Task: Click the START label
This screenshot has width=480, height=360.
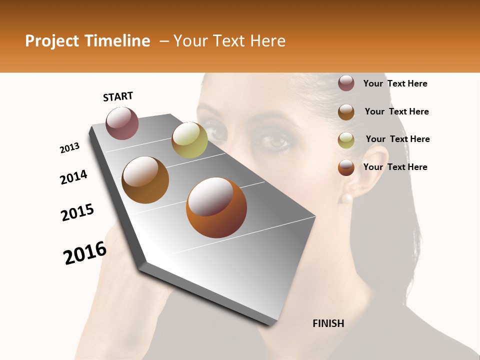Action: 118,96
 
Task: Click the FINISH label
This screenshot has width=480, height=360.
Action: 328,323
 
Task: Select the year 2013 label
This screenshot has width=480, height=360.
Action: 69,148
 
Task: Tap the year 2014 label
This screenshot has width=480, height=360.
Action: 73,177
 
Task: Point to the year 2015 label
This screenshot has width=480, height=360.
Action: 77,212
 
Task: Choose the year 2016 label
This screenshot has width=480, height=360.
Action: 85,253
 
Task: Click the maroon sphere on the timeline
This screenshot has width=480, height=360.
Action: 122,123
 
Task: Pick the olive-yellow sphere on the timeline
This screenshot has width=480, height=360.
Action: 189,140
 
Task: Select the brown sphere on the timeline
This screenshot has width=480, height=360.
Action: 145,180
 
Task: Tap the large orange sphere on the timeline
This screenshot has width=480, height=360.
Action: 216,207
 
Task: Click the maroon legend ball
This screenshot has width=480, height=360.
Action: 346,83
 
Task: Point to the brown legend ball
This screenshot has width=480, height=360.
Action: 346,111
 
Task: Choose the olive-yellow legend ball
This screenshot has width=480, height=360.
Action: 346,139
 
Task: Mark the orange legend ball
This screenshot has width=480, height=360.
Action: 346,167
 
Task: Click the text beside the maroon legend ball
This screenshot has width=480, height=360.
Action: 395,83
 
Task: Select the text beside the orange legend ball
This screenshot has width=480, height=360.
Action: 395,167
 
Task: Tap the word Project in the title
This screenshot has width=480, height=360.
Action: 52,41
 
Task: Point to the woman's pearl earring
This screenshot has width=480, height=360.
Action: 346,198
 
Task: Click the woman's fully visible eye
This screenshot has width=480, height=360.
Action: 273,141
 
